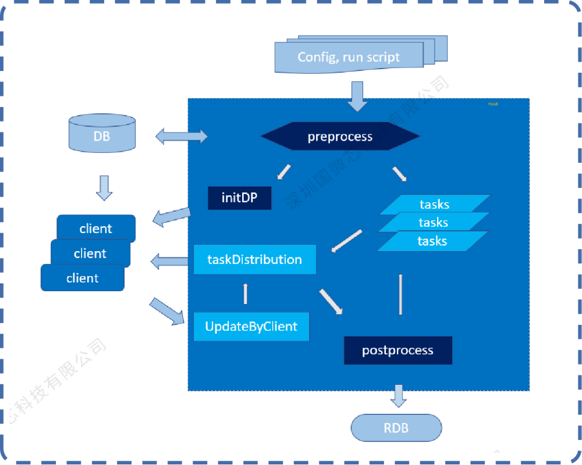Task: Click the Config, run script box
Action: coord(349,57)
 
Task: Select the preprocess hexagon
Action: coord(340,137)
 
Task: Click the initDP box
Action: coord(239,198)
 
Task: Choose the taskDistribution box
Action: coord(254,259)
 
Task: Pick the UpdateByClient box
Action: coord(251,327)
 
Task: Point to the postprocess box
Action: coord(398,350)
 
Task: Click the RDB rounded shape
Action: coord(396,428)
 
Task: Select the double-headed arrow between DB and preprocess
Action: coord(181,137)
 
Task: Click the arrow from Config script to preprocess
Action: coord(357,96)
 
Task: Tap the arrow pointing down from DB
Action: coord(104,188)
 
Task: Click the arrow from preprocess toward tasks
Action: coord(400,173)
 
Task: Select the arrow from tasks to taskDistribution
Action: coord(346,241)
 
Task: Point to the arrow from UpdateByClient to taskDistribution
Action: coord(245,294)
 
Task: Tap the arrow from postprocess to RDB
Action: coord(399,395)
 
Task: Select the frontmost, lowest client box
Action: coord(82,278)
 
